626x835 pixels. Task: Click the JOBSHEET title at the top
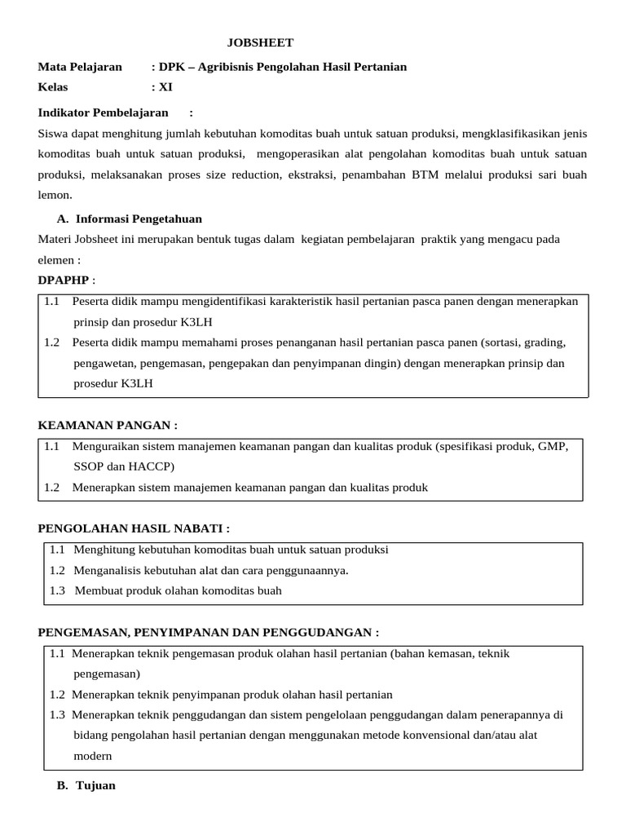259,43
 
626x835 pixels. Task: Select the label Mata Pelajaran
80,67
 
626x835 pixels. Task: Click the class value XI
165,87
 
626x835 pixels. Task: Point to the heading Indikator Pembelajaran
103,113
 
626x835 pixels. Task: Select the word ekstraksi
312,175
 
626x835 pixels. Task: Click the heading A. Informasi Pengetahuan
130,219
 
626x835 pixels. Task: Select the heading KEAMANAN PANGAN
107,426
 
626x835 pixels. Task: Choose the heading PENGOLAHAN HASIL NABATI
128,529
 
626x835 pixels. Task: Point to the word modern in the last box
92,756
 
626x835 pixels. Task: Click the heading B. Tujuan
86,786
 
